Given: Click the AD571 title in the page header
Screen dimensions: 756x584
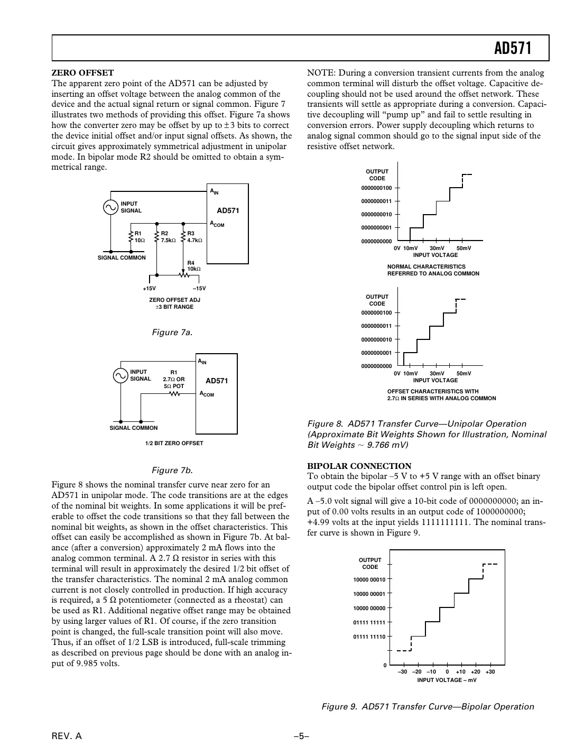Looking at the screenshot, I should pyautogui.click(x=512, y=49).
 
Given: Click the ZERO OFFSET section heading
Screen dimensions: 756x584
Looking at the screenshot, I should pyautogui.click(x=82, y=73).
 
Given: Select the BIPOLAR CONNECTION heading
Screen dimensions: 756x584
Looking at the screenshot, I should pyautogui.click(x=359, y=466).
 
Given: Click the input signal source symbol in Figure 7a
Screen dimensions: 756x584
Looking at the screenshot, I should pyautogui.click(x=111, y=207).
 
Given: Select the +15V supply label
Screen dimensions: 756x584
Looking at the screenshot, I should pyautogui.click(x=150, y=289).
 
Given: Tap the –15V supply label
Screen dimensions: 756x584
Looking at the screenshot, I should pyautogui.click(x=199, y=289).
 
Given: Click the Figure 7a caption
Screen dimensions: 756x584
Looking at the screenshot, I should pyautogui.click(x=172, y=333).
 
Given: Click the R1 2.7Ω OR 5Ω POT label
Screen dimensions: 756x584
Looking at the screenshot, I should pyautogui.click(x=174, y=379).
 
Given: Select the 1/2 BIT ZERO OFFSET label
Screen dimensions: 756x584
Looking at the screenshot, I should pyautogui.click(x=174, y=443).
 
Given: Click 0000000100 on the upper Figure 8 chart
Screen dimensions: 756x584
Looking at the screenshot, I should pyautogui.click(x=376, y=188).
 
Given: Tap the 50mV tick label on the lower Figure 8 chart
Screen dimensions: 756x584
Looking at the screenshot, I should pyautogui.click(x=464, y=373).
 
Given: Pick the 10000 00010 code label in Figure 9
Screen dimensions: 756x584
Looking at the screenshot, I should pyautogui.click(x=369, y=579).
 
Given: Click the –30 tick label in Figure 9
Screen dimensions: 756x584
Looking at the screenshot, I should pyautogui.click(x=402, y=672).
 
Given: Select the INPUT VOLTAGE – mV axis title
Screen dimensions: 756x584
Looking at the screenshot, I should pyautogui.click(x=447, y=680).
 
